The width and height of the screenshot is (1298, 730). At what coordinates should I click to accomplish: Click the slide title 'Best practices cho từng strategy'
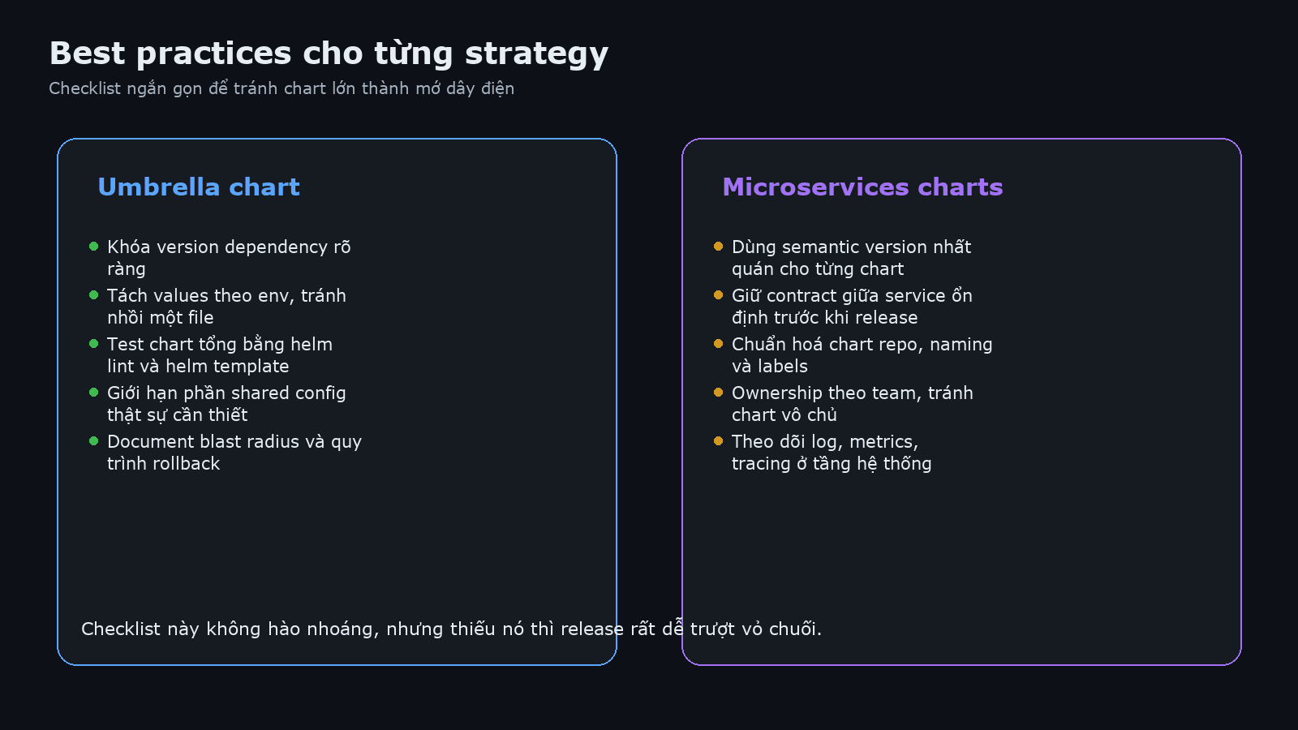point(329,54)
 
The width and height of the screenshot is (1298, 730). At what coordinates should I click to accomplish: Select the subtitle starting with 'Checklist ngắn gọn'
point(282,88)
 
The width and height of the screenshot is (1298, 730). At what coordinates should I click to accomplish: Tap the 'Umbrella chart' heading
point(199,187)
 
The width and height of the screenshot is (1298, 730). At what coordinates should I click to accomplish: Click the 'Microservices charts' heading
point(862,187)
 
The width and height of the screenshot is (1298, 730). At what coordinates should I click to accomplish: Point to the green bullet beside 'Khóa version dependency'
point(94,247)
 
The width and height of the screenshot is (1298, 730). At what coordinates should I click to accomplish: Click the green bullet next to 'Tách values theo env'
point(94,295)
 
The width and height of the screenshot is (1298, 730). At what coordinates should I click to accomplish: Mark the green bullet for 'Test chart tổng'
point(94,344)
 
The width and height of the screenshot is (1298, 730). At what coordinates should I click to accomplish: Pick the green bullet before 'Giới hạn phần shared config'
point(94,393)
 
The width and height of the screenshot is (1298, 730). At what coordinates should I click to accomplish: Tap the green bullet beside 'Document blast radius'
point(94,441)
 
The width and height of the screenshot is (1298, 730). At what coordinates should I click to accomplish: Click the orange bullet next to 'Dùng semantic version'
point(719,247)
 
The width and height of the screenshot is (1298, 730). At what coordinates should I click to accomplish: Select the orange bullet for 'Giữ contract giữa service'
point(719,295)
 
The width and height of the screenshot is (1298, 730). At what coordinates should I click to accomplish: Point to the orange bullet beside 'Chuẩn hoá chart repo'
point(719,344)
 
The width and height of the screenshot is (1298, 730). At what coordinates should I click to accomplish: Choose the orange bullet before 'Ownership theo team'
point(719,393)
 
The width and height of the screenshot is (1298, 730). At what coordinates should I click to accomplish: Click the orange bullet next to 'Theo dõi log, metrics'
point(719,441)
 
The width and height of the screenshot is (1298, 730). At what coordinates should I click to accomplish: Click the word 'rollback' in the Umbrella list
point(189,464)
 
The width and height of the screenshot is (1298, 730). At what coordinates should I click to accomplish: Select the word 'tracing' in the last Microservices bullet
point(761,464)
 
